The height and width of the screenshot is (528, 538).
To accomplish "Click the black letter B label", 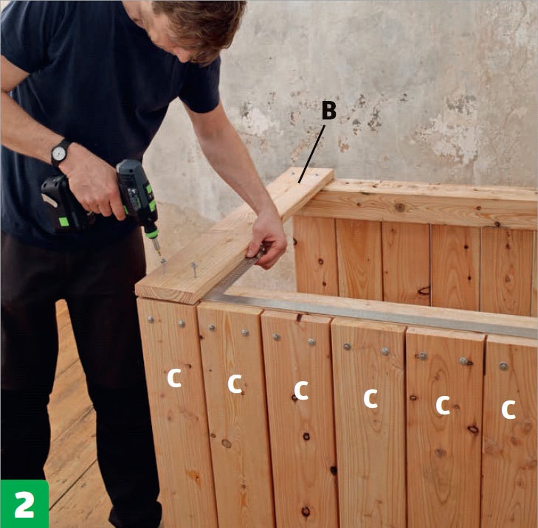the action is [329, 111].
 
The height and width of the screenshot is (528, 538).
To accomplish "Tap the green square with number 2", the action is [24, 504].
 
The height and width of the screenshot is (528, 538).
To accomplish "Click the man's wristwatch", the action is [60, 153].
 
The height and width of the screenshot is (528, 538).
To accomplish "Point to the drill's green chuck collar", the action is [151, 234].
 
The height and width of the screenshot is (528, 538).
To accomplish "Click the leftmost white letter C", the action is [174, 378].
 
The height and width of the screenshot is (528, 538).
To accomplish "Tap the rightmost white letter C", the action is [508, 410].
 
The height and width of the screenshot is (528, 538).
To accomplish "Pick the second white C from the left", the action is [235, 383].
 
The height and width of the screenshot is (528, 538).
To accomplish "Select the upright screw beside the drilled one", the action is [194, 269].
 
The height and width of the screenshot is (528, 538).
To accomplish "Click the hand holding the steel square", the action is [268, 240].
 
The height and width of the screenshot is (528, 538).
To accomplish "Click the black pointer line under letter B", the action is [311, 153].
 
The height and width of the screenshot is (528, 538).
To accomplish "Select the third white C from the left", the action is [301, 391].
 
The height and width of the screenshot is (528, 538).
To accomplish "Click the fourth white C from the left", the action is [370, 398].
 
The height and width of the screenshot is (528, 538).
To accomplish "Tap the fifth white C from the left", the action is [443, 405].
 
